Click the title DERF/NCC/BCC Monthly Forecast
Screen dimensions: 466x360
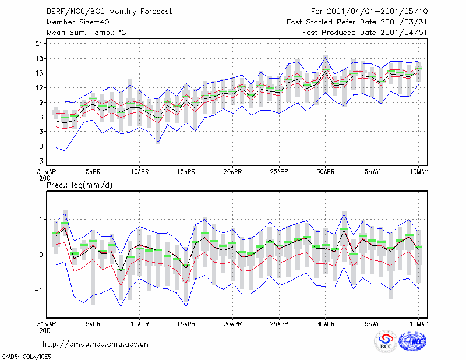(109, 12)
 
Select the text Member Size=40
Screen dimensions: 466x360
(78, 22)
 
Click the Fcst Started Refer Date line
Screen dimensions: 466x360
(357, 22)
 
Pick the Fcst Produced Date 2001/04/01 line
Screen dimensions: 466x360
(365, 33)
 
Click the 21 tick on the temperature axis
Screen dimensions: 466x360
(39, 44)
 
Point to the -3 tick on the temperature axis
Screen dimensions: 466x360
(38, 161)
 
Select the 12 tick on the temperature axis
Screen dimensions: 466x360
(39, 88)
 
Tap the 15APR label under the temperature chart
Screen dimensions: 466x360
(186, 171)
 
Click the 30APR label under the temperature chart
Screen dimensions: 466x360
(326, 171)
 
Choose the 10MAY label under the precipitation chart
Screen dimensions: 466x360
(418, 324)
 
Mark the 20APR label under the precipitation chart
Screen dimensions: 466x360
(232, 324)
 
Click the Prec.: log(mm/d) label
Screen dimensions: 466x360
(79, 185)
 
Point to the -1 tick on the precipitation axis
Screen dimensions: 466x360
(38, 290)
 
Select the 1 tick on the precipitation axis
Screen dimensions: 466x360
(41, 220)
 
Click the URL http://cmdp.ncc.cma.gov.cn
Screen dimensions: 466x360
(96, 344)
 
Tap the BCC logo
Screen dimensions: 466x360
(386, 341)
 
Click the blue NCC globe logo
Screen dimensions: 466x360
(412, 341)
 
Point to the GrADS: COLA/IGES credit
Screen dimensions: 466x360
(26, 357)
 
